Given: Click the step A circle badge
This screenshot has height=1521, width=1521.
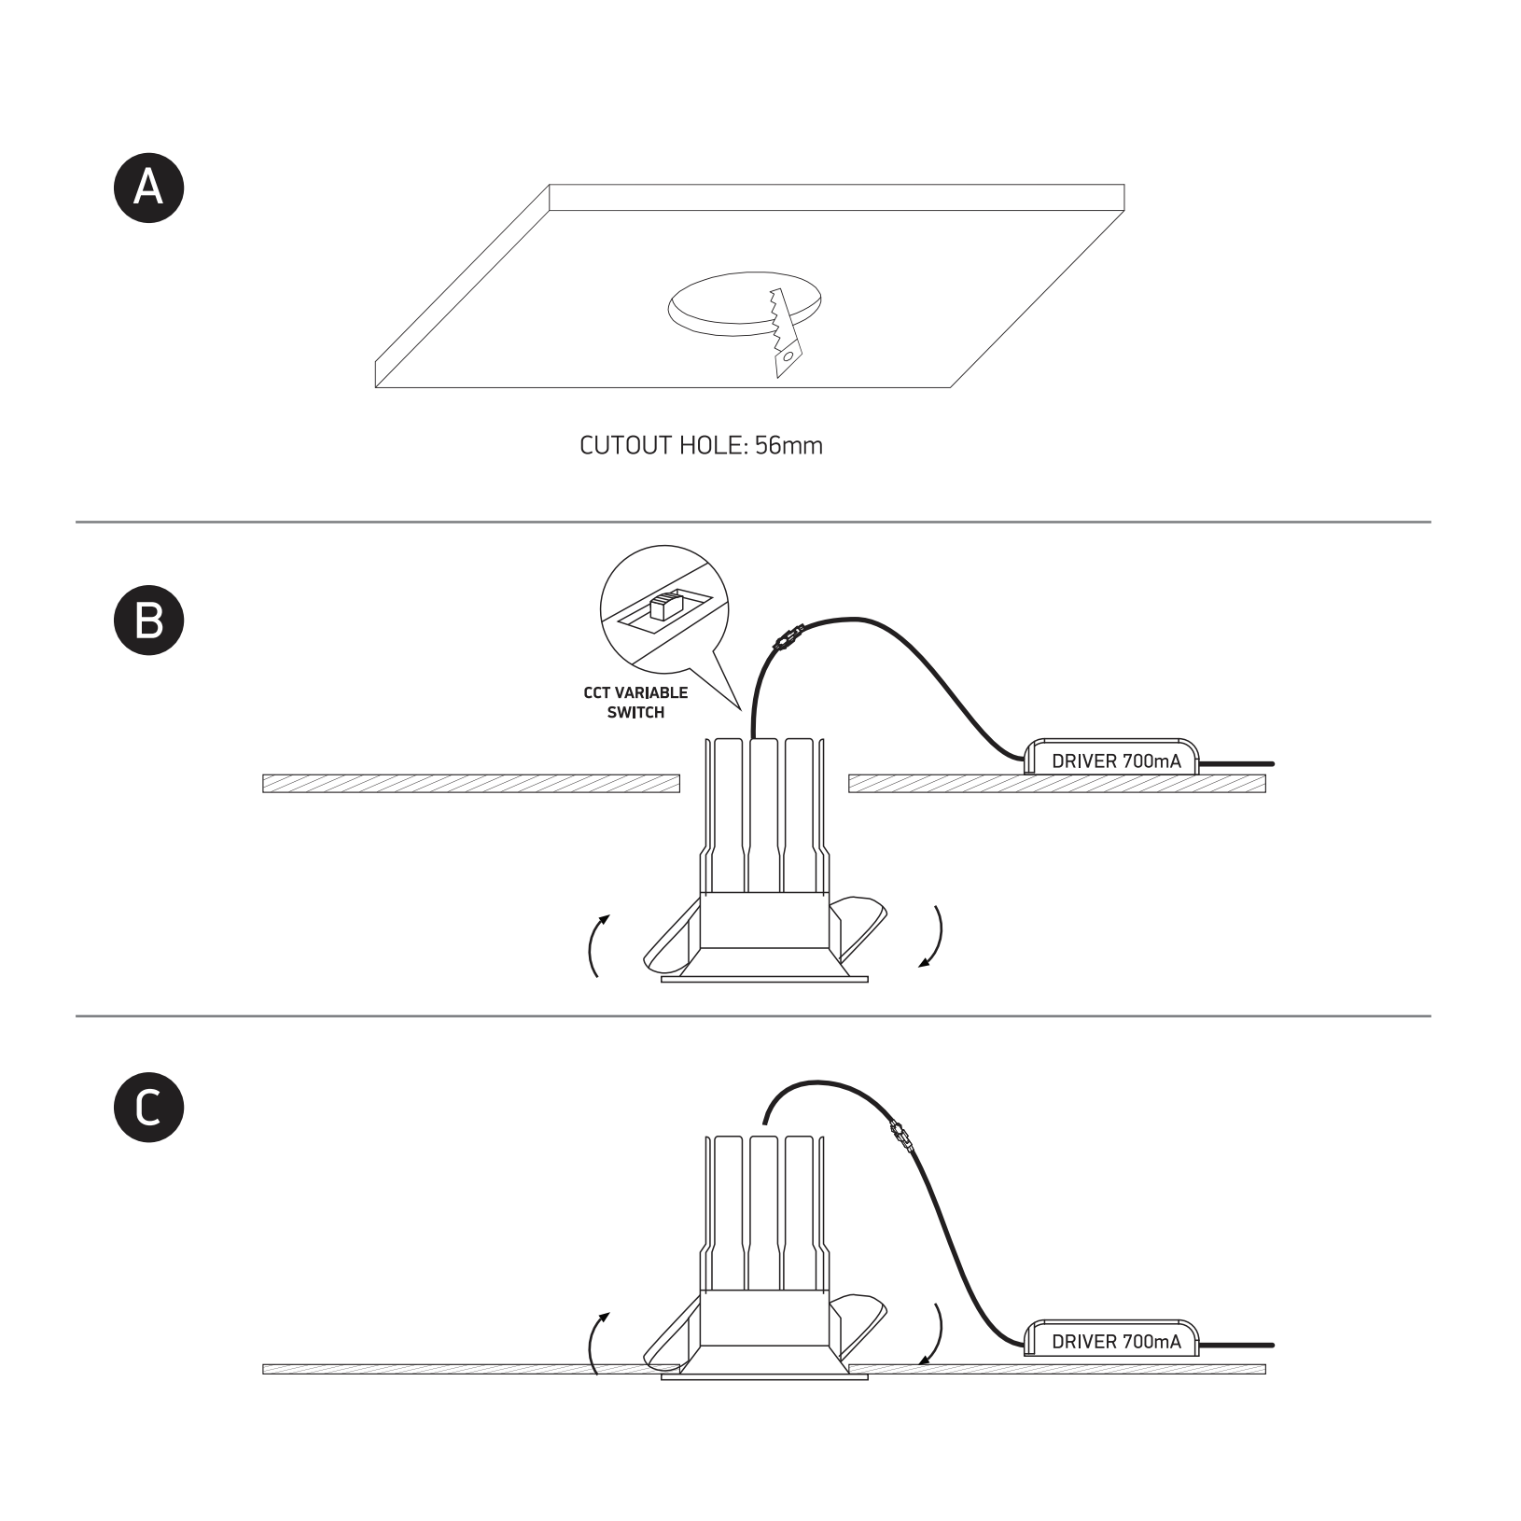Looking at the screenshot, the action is pyautogui.click(x=149, y=188).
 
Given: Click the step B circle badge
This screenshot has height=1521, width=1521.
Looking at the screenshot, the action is pyautogui.click(x=149, y=620).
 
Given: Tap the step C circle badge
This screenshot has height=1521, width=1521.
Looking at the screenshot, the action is pyautogui.click(x=149, y=1108).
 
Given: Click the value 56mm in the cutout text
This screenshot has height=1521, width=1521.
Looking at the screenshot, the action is pyautogui.click(x=789, y=445).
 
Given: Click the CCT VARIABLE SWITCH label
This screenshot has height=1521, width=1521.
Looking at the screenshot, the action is pyautogui.click(x=635, y=703).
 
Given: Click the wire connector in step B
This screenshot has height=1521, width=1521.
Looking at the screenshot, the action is pyautogui.click(x=787, y=638).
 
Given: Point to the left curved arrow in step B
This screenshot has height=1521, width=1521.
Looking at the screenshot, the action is pyautogui.click(x=593, y=944).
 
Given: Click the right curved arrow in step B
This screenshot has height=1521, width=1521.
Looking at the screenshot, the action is pyautogui.click(x=935, y=937).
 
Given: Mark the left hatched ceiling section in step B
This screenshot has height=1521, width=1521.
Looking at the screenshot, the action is pyautogui.click(x=471, y=783).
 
